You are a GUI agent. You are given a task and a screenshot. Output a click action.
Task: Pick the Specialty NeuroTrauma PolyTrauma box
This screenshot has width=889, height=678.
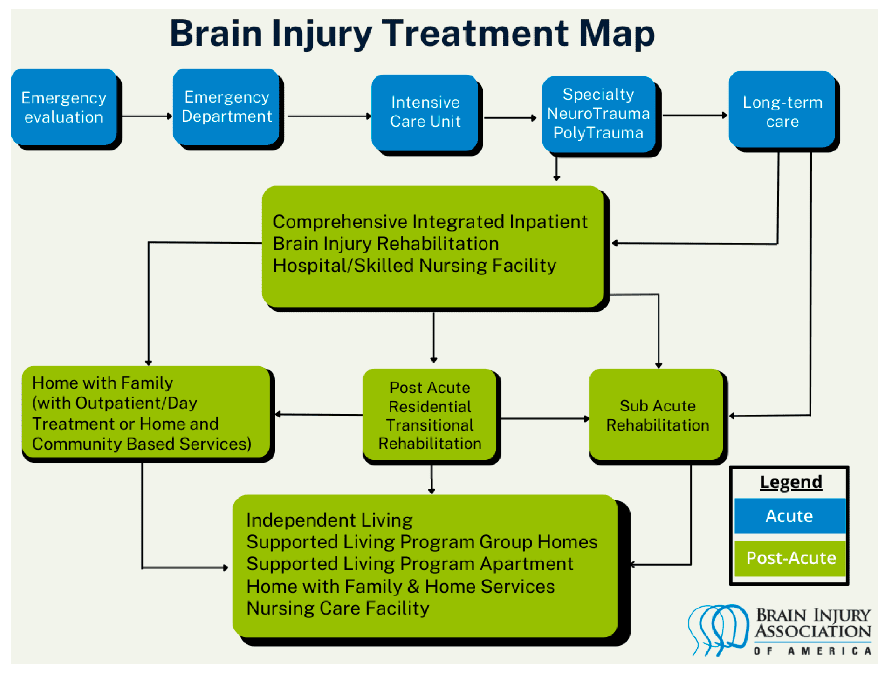point(598,114)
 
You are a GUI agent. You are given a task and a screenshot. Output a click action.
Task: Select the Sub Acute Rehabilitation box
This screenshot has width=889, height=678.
point(657,415)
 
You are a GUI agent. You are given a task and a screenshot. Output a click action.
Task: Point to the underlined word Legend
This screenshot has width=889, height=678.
point(791,482)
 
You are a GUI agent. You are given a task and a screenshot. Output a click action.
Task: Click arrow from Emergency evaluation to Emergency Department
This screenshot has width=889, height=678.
point(146,116)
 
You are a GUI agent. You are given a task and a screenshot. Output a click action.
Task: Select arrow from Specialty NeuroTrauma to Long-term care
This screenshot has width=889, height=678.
point(694,115)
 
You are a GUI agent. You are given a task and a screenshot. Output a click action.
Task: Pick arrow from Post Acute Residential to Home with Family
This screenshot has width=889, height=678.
point(319,414)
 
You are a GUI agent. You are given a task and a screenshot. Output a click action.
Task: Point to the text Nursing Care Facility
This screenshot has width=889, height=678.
point(338,608)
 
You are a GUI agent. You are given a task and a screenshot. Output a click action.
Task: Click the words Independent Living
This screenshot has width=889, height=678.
point(329,520)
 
